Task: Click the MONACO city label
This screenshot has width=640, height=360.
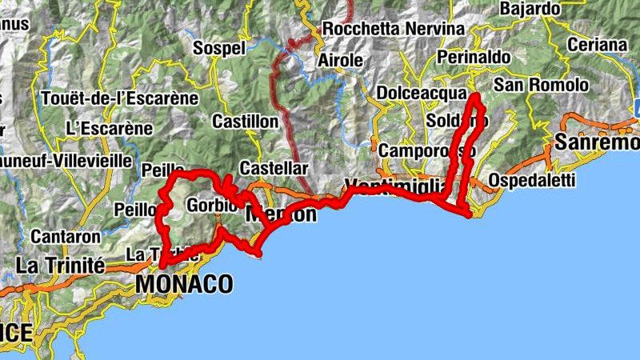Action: (x=185, y=284)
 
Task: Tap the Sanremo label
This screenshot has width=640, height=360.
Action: (x=597, y=143)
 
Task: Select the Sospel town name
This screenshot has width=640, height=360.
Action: (x=219, y=48)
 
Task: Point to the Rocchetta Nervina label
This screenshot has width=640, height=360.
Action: (x=393, y=29)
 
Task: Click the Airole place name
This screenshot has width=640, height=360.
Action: (x=340, y=60)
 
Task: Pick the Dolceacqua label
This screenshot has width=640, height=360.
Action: (x=420, y=92)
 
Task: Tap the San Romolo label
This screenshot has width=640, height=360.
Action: (x=541, y=85)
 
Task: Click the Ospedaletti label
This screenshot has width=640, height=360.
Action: (x=533, y=180)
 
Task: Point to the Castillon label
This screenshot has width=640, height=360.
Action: (x=245, y=122)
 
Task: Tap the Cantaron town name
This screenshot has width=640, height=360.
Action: (x=66, y=237)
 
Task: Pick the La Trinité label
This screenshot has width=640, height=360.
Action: (x=60, y=264)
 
